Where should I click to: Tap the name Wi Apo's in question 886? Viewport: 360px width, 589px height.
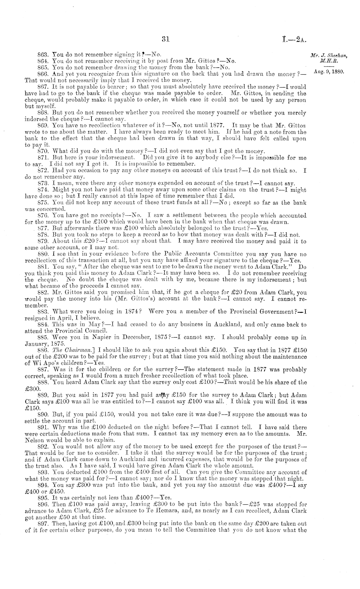pos(41,363)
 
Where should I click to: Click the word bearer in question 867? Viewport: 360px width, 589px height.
pos(114,87)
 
